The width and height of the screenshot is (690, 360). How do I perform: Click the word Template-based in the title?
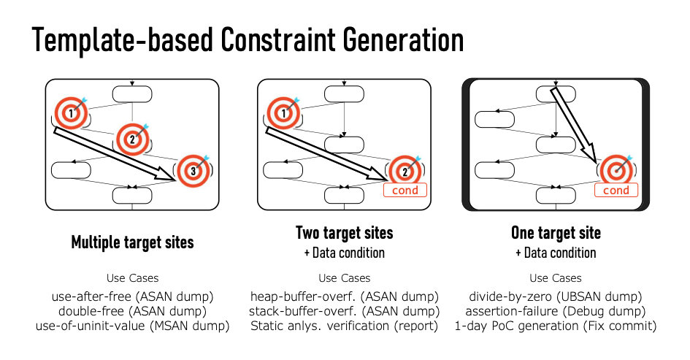[123, 40]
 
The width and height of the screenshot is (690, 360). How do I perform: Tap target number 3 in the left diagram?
[193, 171]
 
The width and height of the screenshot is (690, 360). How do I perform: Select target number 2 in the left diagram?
[132, 139]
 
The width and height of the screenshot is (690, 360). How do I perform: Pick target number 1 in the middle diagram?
[283, 113]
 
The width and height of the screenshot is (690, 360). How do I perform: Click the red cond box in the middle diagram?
[405, 190]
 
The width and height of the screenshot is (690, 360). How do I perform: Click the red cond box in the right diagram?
[616, 190]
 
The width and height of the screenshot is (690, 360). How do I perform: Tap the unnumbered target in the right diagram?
[616, 171]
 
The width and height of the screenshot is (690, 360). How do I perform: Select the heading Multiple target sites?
[132, 242]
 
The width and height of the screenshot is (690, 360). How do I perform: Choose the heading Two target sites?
[344, 233]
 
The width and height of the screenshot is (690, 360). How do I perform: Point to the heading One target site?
[556, 233]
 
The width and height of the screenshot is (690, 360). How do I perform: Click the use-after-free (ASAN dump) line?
[132, 296]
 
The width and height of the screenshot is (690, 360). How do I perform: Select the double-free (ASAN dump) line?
[132, 311]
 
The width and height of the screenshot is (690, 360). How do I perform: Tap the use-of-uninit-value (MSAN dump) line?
[132, 326]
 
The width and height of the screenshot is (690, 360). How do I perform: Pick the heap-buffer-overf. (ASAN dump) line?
[345, 296]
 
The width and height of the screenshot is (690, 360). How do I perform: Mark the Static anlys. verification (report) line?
[345, 326]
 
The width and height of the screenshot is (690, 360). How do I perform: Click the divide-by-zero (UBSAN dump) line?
[556, 296]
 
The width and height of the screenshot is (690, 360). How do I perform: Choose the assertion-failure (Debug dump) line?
[556, 311]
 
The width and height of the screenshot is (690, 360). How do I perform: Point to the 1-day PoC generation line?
[556, 326]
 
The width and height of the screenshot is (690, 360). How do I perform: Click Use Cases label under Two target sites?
[345, 278]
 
